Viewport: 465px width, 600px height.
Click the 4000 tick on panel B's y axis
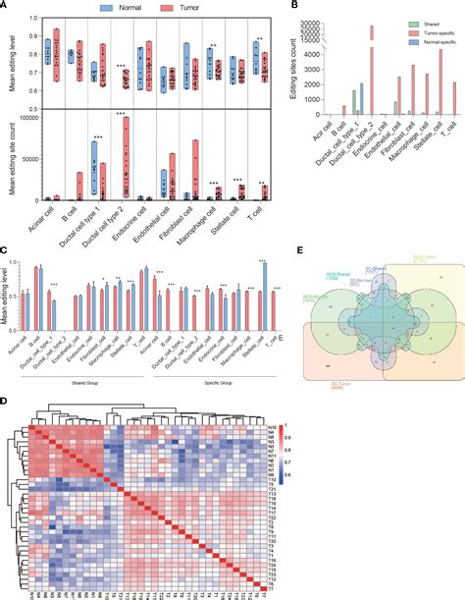329,52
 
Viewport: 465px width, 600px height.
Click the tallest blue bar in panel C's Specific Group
263,275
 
